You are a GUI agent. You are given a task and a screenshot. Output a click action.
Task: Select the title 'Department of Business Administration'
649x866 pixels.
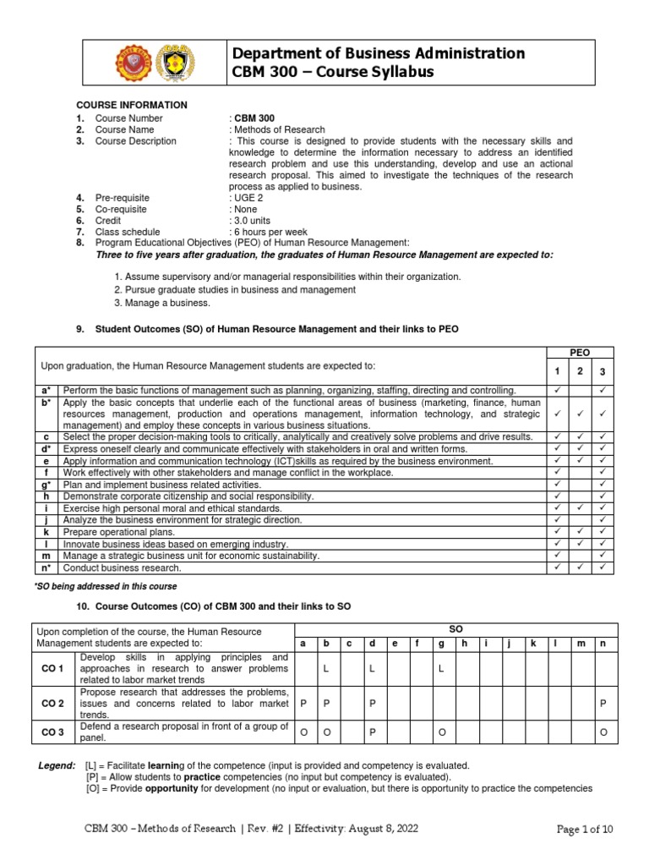(x=379, y=53)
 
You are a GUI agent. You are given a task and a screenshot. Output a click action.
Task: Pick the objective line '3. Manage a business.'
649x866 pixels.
(x=161, y=303)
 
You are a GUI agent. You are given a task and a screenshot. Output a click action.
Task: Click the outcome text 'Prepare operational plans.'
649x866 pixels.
(x=119, y=532)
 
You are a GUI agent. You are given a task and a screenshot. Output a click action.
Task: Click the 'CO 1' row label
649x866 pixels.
(x=53, y=669)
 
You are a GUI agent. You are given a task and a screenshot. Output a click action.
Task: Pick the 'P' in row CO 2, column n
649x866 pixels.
(x=603, y=703)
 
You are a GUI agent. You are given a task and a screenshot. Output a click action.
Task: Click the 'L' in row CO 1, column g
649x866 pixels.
(x=441, y=669)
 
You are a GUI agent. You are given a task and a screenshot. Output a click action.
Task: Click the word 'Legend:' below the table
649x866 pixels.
(x=58, y=765)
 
